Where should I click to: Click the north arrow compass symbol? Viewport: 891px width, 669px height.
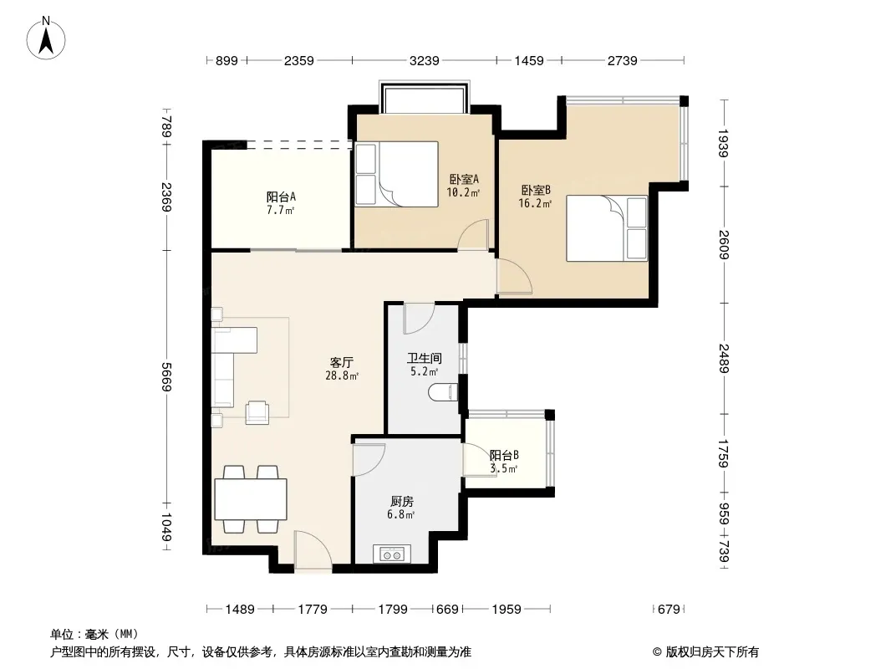coord(46,38)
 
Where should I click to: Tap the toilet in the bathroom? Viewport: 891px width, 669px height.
coord(443,392)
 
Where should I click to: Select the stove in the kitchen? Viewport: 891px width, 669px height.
coord(392,554)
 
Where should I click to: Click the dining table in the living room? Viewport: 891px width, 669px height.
coord(251,499)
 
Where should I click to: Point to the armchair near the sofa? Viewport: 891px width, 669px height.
coord(257,412)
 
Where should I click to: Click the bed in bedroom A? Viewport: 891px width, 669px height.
coord(397,174)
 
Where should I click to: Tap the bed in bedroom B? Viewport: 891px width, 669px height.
coord(607,228)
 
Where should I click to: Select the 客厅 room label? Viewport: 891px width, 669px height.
coord(342,362)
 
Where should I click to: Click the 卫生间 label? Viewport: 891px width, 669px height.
coord(424,358)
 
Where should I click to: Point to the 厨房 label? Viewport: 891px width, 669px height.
coord(402,501)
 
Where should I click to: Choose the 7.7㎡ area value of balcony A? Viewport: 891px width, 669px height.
coord(280,210)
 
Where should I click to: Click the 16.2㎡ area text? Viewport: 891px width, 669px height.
coord(535,203)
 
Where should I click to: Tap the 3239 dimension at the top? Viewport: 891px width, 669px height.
coord(424,60)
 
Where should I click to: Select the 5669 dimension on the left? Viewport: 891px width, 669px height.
coord(166,377)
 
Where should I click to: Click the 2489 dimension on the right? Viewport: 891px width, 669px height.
coord(724,358)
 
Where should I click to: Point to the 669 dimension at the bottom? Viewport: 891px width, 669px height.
coord(447,610)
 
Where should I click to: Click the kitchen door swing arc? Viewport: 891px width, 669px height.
coord(369,459)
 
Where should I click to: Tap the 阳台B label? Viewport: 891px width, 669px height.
coord(504,455)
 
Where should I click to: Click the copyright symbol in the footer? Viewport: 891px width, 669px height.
coord(657,652)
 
